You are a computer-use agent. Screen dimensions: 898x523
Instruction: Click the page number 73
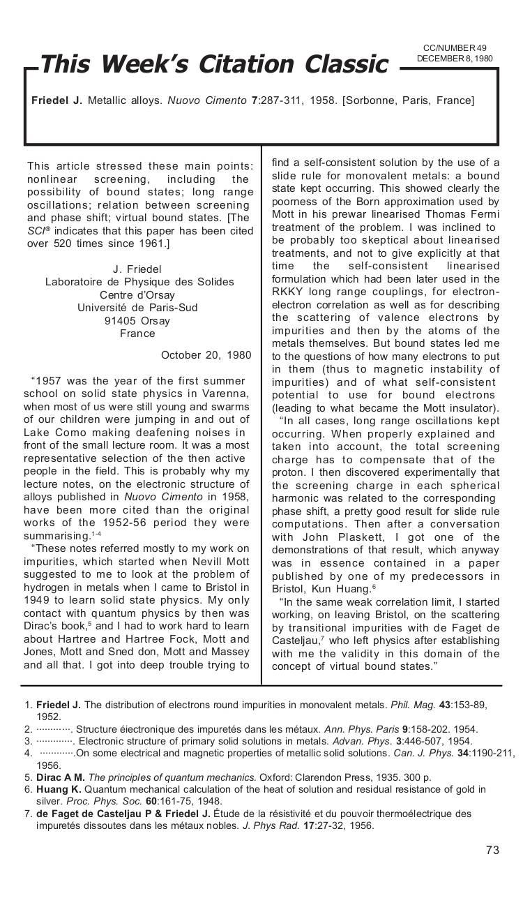click(x=492, y=850)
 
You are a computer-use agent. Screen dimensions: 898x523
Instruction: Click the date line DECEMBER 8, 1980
click(x=455, y=59)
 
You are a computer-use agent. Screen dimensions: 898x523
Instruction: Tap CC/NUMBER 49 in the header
click(x=455, y=48)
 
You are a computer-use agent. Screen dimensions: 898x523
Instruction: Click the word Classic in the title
click(x=344, y=64)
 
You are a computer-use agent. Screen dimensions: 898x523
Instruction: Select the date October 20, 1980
click(x=206, y=355)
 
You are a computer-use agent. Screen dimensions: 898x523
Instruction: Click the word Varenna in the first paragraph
click(x=225, y=394)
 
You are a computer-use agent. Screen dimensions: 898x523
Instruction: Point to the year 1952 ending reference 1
click(x=48, y=717)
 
